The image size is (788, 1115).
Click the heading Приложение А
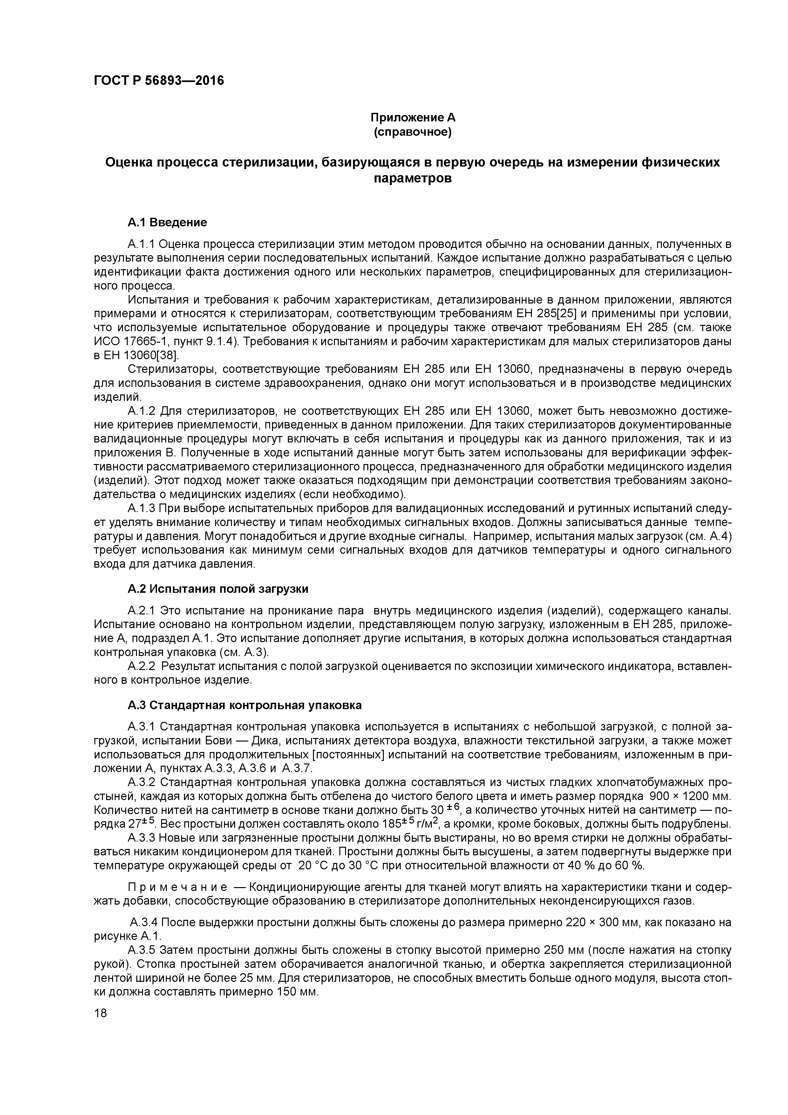tap(413, 118)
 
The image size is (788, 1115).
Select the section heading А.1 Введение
tap(167, 222)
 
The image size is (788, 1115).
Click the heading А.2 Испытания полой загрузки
tap(218, 589)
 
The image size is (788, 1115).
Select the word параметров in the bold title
tap(413, 178)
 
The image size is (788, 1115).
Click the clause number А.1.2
tap(141, 411)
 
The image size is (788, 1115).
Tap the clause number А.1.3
tap(141, 509)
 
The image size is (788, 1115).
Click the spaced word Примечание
tap(177, 887)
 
